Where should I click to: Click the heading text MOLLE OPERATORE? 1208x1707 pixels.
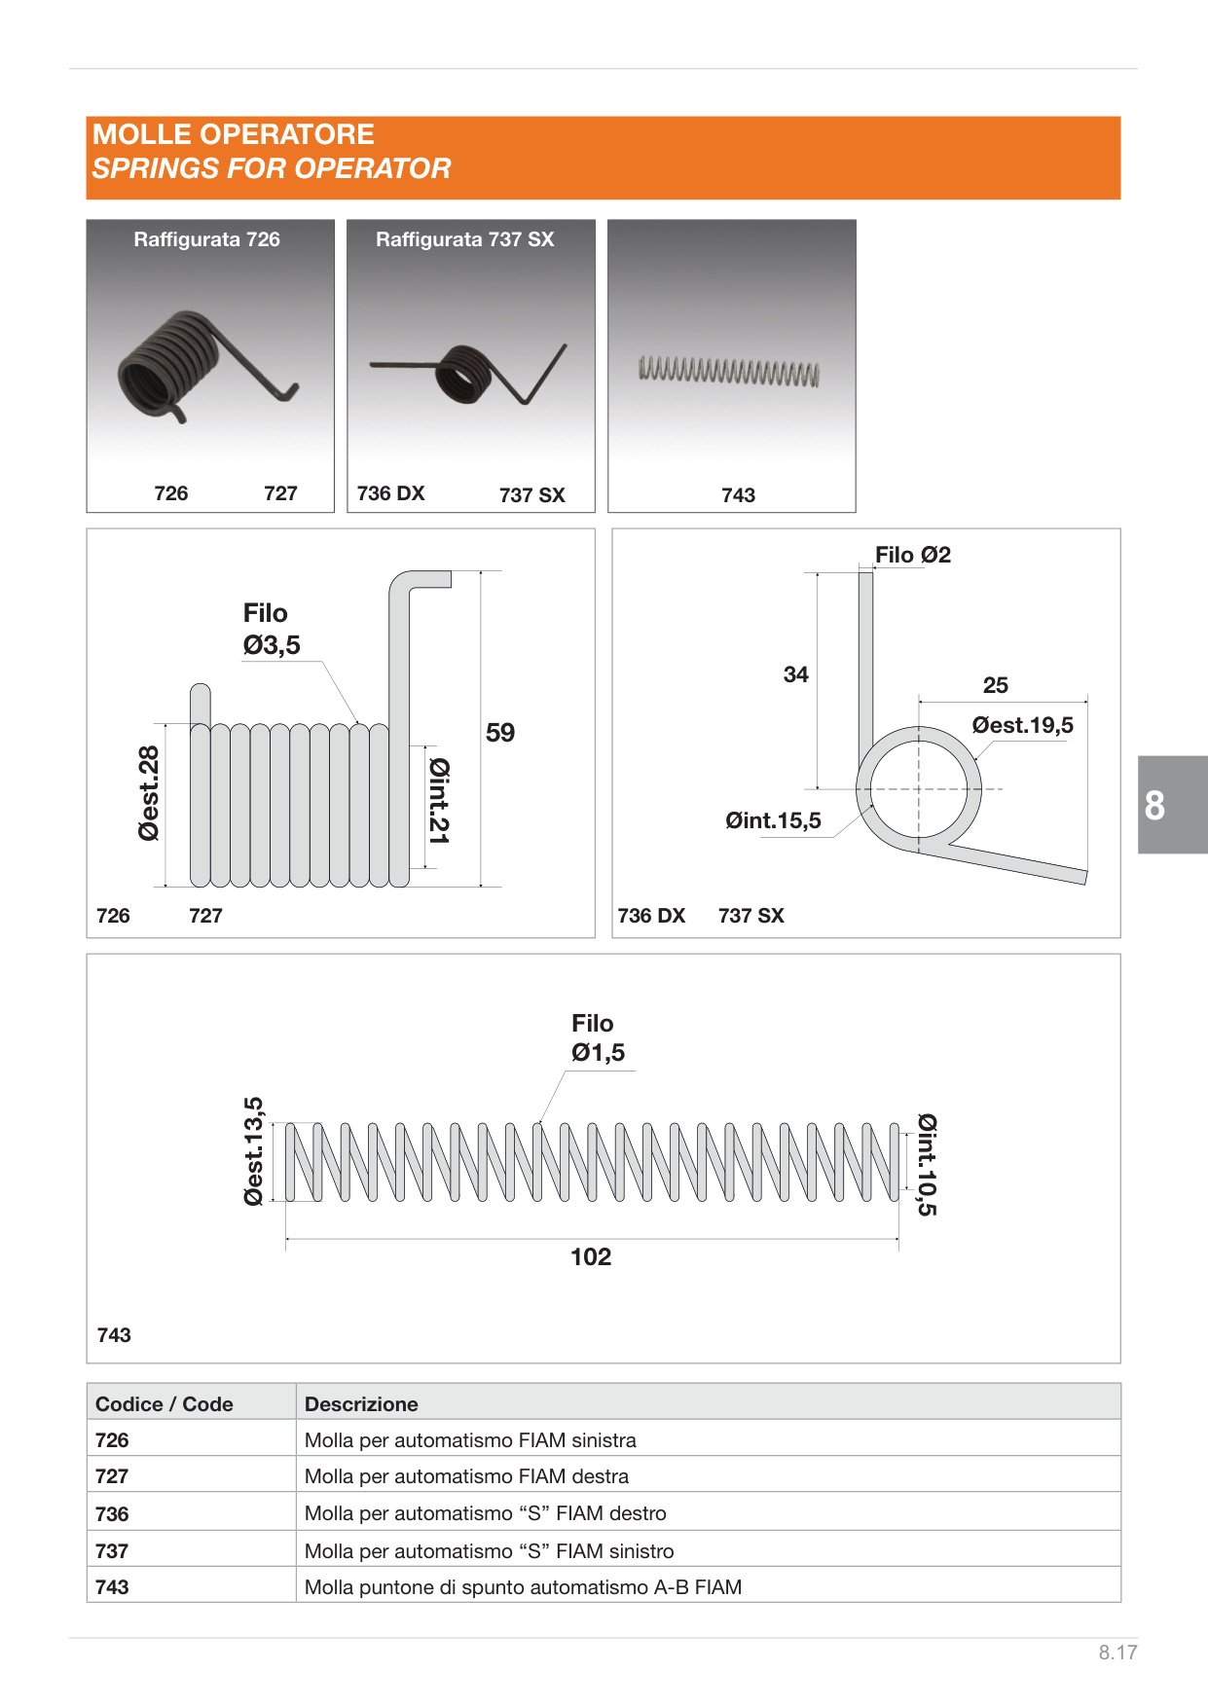(234, 134)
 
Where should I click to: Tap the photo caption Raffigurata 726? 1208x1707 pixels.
(206, 239)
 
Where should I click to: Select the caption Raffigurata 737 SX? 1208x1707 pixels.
(465, 239)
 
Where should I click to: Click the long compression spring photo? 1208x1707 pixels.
(729, 372)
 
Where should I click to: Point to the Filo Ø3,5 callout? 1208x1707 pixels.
(272, 629)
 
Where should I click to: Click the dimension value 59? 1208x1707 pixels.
(500, 732)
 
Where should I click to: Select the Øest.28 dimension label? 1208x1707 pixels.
(149, 793)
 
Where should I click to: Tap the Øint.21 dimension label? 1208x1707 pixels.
(439, 801)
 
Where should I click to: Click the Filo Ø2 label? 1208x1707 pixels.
(913, 555)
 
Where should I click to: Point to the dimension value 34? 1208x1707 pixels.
(796, 674)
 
